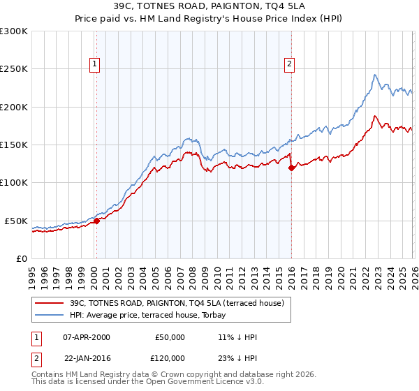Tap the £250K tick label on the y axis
tap(14, 69)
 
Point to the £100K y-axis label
tap(14, 182)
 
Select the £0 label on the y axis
tap(21, 258)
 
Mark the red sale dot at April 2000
tap(96, 221)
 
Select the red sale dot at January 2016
tap(291, 168)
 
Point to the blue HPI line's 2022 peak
tap(375, 75)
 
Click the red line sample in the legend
tap(50, 304)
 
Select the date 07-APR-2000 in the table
tap(87, 337)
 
